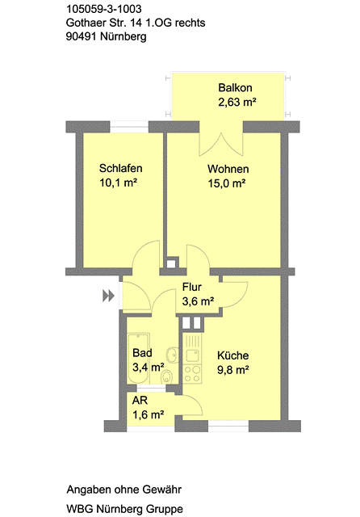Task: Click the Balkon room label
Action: (236, 87)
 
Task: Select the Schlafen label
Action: (121, 169)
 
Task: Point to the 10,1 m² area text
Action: (119, 183)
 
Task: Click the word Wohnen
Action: (228, 170)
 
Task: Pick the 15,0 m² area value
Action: (226, 183)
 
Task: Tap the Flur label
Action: (191, 287)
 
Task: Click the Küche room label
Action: (233, 355)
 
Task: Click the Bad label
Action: (141, 353)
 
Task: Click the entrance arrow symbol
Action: (108, 296)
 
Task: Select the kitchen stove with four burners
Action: (192, 373)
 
